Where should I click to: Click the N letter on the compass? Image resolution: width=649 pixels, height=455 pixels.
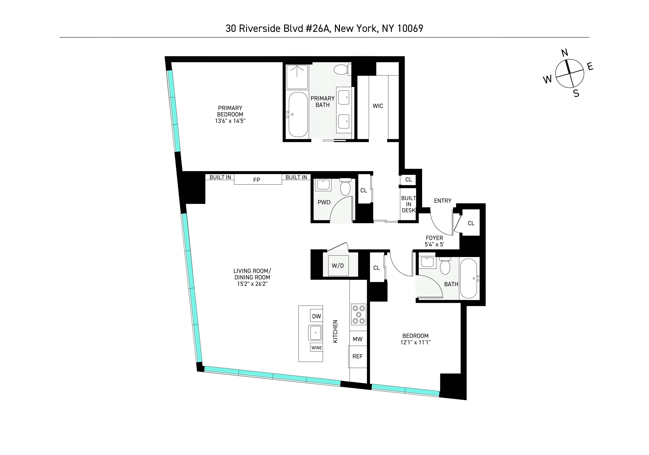coord(565,53)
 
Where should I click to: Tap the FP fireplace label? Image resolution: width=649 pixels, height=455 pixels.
coord(257,180)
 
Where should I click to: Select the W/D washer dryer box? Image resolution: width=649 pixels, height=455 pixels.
coord(338,266)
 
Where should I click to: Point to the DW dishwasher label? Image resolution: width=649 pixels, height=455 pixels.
coord(317,316)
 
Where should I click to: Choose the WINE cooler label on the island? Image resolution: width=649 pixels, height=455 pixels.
coord(317,348)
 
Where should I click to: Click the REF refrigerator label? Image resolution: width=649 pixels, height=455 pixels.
coord(358,357)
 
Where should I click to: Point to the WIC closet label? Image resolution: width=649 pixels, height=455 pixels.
coord(378,106)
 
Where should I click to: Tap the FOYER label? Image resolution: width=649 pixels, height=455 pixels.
coord(434,238)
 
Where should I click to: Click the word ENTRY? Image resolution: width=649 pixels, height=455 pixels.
coord(443,201)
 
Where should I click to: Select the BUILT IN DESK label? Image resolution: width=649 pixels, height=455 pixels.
coord(408,204)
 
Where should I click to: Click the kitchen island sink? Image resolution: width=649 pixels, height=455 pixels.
coord(316,333)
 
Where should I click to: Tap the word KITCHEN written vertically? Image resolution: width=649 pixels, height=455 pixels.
coord(335,332)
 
